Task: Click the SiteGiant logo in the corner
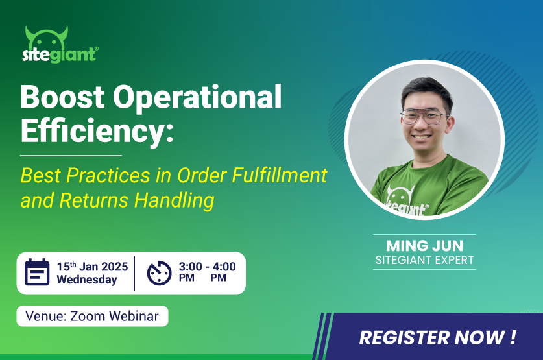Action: tap(60, 45)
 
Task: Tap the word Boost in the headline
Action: tap(62, 97)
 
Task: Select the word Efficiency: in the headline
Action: tap(97, 130)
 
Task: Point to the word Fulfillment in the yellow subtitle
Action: tap(280, 175)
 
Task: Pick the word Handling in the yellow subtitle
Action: tap(175, 201)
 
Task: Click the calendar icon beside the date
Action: tap(37, 272)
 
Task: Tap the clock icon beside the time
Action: tap(160, 273)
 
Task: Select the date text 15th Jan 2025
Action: tap(93, 267)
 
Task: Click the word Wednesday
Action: tap(87, 280)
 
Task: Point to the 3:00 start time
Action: tap(191, 267)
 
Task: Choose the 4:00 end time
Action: tap(224, 267)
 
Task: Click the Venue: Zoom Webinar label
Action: tap(92, 316)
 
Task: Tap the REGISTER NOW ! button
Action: tap(438, 337)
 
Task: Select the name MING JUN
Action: tap(424, 246)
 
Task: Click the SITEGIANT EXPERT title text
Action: tap(424, 260)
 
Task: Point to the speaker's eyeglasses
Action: tap(424, 117)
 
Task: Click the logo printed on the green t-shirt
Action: tap(406, 202)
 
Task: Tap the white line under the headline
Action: tap(71, 156)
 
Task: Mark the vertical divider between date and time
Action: tap(134, 273)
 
